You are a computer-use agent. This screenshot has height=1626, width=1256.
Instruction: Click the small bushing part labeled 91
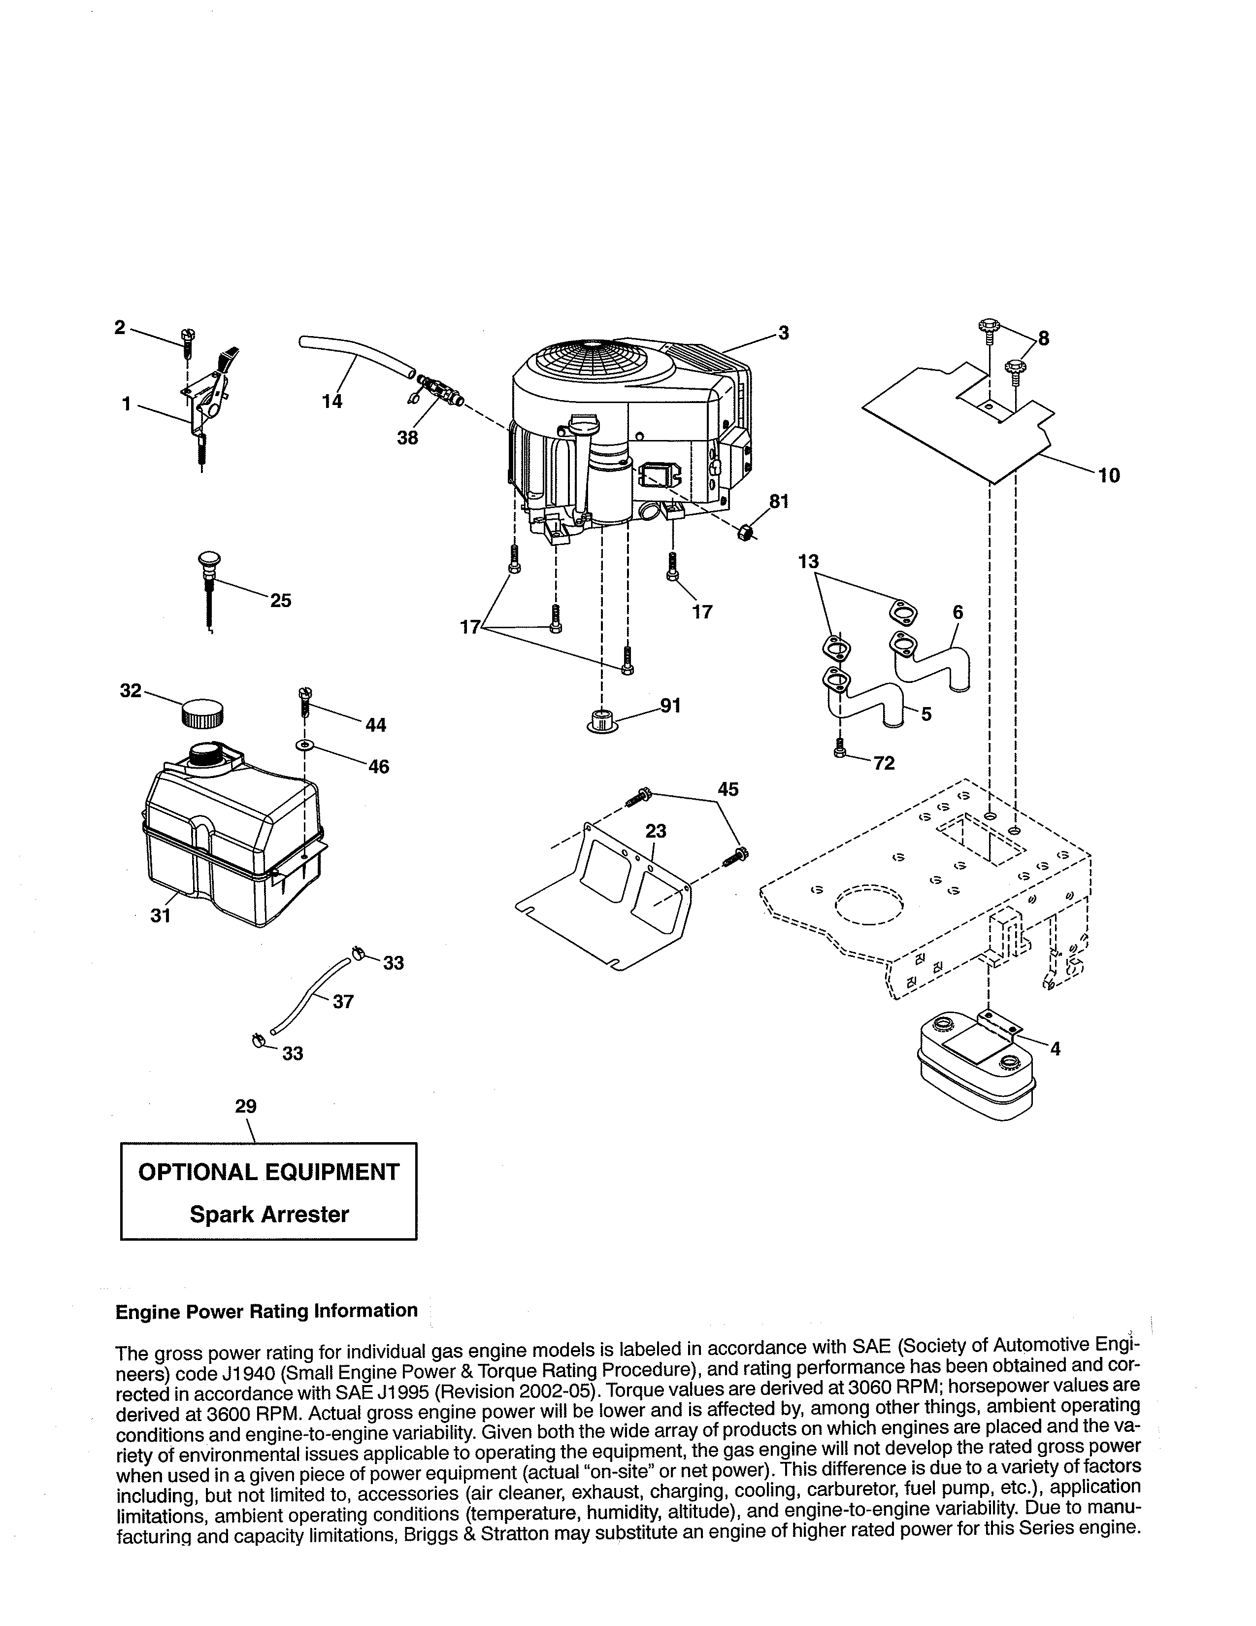[x=600, y=721]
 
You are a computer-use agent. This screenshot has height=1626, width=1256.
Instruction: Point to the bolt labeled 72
[x=840, y=748]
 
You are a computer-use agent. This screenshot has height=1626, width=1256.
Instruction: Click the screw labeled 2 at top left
[x=186, y=344]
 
